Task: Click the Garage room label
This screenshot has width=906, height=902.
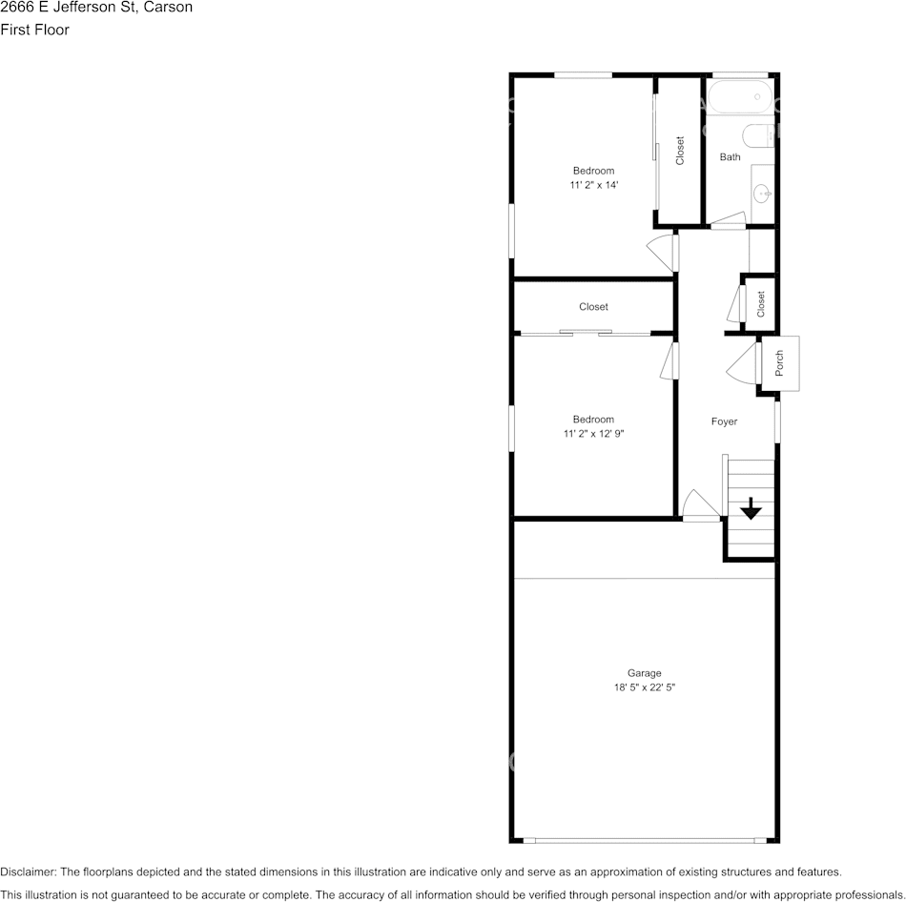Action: [x=644, y=673]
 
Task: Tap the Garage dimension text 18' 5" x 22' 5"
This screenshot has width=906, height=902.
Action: [x=644, y=687]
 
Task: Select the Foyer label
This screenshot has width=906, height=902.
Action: [x=724, y=421]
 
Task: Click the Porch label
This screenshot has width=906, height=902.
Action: [x=779, y=363]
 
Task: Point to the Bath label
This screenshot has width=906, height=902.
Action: [x=730, y=157]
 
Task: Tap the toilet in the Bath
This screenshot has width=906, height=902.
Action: [x=759, y=136]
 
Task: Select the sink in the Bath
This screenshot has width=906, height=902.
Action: [x=763, y=194]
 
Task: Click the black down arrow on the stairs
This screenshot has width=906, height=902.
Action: [x=752, y=508]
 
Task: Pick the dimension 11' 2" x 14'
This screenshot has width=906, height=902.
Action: [x=593, y=185]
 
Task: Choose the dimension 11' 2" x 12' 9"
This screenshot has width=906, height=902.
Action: [x=593, y=434]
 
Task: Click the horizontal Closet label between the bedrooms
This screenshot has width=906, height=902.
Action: [x=593, y=307]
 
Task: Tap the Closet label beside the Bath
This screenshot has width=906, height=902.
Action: [x=680, y=151]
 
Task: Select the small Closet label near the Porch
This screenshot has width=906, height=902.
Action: [x=761, y=304]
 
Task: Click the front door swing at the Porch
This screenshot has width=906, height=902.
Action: [x=743, y=362]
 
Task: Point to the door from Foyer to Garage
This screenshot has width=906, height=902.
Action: [x=700, y=506]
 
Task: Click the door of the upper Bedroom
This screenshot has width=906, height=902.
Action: [x=663, y=252]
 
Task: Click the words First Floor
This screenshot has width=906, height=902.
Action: [x=35, y=30]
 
